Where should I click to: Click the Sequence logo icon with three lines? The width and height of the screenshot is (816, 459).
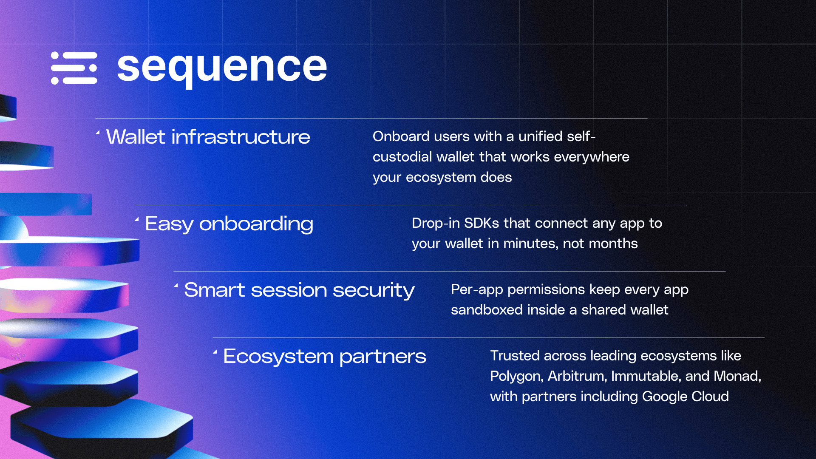(x=74, y=68)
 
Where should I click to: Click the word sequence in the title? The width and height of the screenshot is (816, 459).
(x=222, y=68)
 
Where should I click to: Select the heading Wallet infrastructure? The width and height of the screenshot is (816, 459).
(x=208, y=137)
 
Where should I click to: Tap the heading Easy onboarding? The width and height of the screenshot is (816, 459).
(x=229, y=224)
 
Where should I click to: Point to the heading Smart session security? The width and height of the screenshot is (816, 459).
(x=299, y=290)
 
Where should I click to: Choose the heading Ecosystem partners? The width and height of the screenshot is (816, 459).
(x=325, y=357)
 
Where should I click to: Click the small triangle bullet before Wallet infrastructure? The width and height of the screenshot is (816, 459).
(x=98, y=133)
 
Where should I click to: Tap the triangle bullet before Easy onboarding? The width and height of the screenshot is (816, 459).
(x=137, y=220)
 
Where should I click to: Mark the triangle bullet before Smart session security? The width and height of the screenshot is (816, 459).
(x=176, y=286)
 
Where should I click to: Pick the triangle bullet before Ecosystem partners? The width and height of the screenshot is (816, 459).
(x=215, y=352)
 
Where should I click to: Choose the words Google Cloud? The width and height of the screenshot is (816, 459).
(x=686, y=397)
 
